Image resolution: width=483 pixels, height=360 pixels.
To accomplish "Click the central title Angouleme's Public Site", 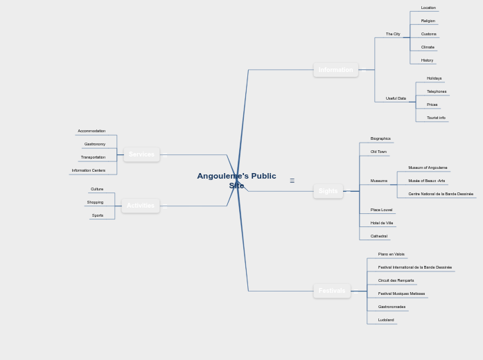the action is pos(236,181).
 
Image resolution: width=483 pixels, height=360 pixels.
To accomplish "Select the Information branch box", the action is pos(335,70).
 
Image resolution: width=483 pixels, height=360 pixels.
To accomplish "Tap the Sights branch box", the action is pos(328,191).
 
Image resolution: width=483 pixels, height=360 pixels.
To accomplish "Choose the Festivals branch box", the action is pos(331,291).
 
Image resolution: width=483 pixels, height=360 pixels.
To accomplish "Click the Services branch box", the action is pos(141,154).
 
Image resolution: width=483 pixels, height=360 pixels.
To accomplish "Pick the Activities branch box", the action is pos(140,206).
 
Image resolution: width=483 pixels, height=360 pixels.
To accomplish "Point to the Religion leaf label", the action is pos(428,21).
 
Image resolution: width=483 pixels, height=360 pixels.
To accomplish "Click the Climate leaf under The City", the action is pos(428,47).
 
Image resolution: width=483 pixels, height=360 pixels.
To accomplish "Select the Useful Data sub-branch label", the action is pos(396,98).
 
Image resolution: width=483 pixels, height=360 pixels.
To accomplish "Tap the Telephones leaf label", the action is pos(437,91).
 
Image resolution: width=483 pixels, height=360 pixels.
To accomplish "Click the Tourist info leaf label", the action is pos(436,118).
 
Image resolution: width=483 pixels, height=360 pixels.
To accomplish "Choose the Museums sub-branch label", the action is pos(379,181).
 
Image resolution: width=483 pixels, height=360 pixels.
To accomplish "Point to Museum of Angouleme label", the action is pos(428,168).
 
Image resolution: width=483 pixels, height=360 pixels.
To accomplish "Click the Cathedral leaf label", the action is pos(379,236).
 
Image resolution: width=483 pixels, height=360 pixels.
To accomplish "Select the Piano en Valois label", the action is pos(391,254).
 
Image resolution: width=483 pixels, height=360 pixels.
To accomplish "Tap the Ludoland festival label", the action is pos(386,320).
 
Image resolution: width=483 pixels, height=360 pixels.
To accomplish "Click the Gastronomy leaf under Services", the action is pos(95,144).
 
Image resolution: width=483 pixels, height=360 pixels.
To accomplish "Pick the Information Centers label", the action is pos(89,170).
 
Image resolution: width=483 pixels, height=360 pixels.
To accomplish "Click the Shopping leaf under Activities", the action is pos(95,202).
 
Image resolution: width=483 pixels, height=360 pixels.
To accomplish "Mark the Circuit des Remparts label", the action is pos(396,280).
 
